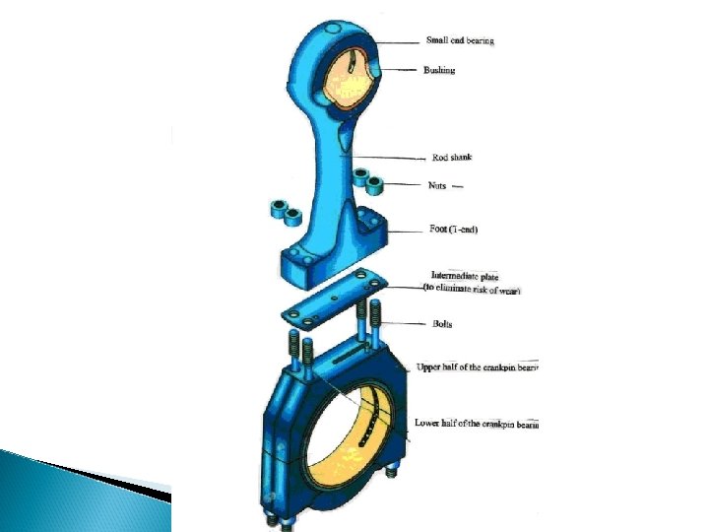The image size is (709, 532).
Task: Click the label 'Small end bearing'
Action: pyautogui.click(x=459, y=40)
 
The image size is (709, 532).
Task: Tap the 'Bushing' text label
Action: pyautogui.click(x=439, y=70)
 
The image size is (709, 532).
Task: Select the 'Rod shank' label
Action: pyautogui.click(x=452, y=157)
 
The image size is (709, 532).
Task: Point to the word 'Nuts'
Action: pyautogui.click(x=437, y=184)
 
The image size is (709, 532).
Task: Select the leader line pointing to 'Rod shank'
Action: pyautogui.click(x=389, y=156)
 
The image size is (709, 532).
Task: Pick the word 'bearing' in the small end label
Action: pyautogui.click(x=480, y=40)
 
